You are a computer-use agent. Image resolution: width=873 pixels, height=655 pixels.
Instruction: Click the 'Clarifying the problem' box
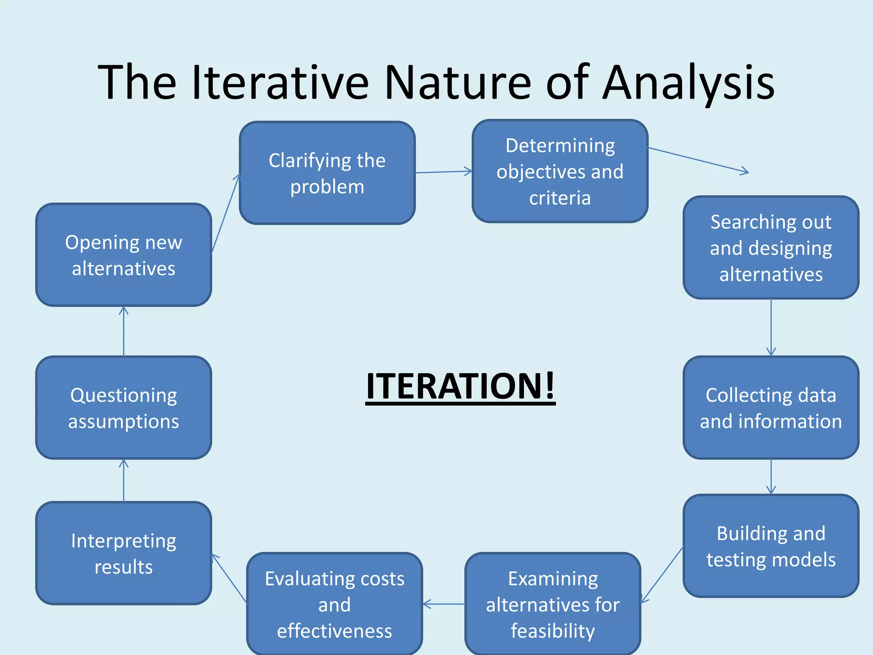point(327,173)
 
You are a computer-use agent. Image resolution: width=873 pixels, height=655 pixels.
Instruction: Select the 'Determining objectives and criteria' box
point(560,171)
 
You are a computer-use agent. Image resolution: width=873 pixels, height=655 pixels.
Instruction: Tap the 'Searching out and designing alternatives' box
point(771,247)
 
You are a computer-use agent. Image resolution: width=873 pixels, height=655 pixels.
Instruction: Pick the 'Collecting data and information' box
point(771,407)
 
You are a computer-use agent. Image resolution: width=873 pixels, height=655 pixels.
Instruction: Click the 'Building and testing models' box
point(771,545)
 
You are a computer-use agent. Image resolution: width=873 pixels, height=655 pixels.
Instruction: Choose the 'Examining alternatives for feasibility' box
point(552,604)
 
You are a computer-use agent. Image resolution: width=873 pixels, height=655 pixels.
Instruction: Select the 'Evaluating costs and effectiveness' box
point(334,604)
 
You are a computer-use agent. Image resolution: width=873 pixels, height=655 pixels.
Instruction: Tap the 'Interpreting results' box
point(123,553)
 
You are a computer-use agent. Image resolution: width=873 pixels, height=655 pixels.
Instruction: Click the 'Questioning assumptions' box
point(123,407)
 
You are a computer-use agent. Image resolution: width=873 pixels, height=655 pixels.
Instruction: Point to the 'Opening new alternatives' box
point(123,255)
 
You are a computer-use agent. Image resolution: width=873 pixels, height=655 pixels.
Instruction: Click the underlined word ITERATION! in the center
point(460,386)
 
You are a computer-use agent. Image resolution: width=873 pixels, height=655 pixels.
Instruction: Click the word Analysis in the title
point(688,82)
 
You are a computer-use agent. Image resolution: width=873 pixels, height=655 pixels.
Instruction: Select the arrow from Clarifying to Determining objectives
point(443,172)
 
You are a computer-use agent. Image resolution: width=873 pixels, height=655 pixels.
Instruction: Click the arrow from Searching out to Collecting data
point(771,327)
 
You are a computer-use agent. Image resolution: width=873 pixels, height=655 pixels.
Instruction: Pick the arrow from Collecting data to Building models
point(771,476)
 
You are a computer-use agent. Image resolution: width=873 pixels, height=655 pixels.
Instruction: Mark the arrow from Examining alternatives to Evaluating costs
point(444,604)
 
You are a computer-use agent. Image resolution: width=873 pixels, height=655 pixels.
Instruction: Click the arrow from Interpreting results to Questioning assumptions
point(124,480)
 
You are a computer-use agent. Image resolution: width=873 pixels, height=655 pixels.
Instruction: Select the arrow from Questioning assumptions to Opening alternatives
point(124,331)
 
